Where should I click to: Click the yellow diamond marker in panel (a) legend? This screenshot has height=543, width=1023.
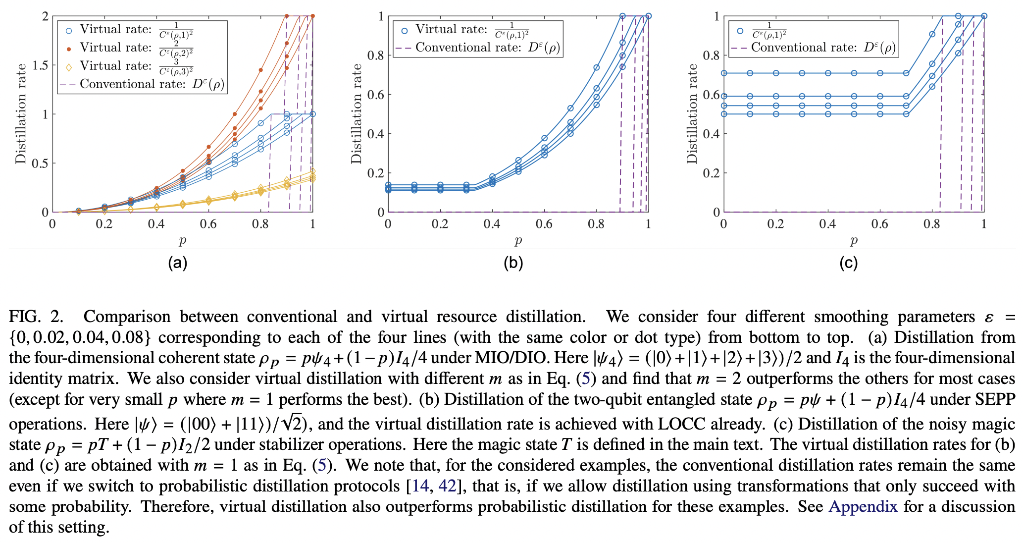tap(69, 66)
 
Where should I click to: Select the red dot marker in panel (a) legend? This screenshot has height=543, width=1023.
tap(69, 49)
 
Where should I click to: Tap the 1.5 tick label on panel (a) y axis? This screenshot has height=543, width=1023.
tap(40, 65)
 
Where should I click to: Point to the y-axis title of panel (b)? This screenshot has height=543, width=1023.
tap(357, 114)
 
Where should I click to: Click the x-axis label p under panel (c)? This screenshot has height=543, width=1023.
tap(854, 241)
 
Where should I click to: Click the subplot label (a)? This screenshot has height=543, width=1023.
tap(178, 263)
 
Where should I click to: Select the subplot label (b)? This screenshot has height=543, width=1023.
tap(513, 263)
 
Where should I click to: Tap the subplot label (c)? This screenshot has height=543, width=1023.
tap(849, 263)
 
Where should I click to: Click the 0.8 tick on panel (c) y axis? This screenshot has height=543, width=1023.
tap(711, 55)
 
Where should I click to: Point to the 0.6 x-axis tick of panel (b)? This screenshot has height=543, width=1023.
tap(544, 224)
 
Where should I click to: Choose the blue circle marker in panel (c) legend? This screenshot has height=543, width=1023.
tap(740, 31)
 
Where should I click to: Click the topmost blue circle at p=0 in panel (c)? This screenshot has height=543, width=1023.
tap(724, 73)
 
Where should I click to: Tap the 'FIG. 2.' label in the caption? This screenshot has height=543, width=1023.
tap(37, 316)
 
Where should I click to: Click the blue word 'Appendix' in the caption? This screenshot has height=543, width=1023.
tap(863, 506)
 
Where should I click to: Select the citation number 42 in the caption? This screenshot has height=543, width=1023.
tap(447, 486)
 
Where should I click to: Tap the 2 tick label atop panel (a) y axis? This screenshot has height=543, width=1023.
tap(46, 16)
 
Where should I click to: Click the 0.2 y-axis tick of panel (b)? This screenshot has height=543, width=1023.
tap(375, 173)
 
